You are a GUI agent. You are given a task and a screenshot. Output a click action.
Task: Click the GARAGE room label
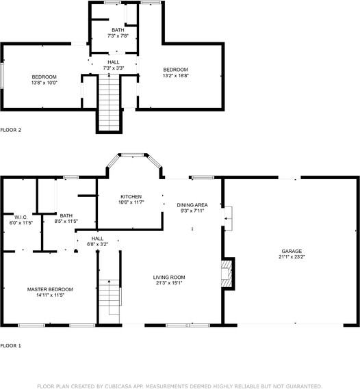[x=290, y=251]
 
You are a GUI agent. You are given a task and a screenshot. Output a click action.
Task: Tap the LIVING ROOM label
[x=168, y=277]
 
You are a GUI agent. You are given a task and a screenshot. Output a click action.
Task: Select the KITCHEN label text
[x=131, y=196]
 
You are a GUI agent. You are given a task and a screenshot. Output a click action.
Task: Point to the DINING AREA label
[x=192, y=205]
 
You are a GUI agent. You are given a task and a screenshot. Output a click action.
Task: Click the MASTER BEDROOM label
[x=50, y=289]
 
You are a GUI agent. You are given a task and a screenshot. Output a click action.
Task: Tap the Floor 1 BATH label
[x=66, y=215]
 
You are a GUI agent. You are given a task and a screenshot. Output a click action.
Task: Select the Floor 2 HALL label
[x=113, y=62]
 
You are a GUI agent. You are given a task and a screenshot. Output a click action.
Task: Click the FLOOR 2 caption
[x=11, y=129]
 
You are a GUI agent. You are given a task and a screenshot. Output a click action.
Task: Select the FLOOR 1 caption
[x=11, y=346]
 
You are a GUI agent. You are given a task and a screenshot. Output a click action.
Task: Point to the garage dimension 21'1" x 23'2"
[x=290, y=257]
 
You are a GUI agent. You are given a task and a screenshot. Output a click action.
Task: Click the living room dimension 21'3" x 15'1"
[x=168, y=283]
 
